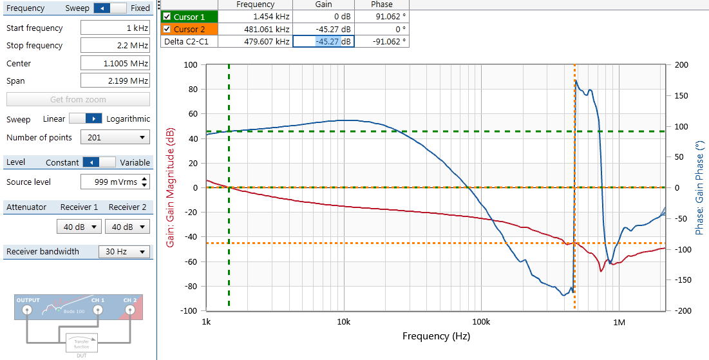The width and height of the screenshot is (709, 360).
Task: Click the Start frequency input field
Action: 115,28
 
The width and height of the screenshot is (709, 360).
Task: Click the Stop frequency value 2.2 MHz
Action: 115,46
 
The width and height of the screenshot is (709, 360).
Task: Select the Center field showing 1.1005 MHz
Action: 115,63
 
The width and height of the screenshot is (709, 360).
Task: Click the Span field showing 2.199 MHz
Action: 115,81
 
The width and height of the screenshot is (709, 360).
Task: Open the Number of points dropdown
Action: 115,137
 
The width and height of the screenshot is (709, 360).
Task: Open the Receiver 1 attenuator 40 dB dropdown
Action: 79,227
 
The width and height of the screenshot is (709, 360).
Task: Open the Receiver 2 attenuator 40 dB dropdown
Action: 127,227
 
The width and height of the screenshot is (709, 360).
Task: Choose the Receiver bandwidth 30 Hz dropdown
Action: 124,252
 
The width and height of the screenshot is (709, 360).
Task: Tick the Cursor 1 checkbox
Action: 167,16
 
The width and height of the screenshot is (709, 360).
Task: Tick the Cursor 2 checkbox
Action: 167,29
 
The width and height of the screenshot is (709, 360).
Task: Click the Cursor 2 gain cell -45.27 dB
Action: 323,29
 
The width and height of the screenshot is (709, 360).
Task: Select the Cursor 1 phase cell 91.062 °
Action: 381,16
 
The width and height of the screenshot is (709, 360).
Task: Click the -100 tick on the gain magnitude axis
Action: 189,310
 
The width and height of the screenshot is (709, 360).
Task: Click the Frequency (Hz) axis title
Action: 436,336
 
